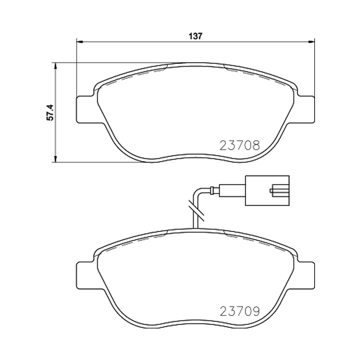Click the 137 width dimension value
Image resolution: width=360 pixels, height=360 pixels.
196,36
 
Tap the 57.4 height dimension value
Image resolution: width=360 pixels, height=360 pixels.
50,112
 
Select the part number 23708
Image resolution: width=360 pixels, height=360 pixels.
240,145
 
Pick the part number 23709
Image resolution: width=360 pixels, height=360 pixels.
240,311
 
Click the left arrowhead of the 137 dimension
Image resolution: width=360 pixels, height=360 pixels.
79,42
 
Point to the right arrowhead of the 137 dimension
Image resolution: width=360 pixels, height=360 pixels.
311,42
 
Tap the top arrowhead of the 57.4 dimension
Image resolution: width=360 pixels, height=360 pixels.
55,66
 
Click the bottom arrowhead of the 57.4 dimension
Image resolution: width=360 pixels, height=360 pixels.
55,159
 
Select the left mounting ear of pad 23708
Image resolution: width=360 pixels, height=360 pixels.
85,109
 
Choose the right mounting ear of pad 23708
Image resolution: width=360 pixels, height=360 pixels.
306,109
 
